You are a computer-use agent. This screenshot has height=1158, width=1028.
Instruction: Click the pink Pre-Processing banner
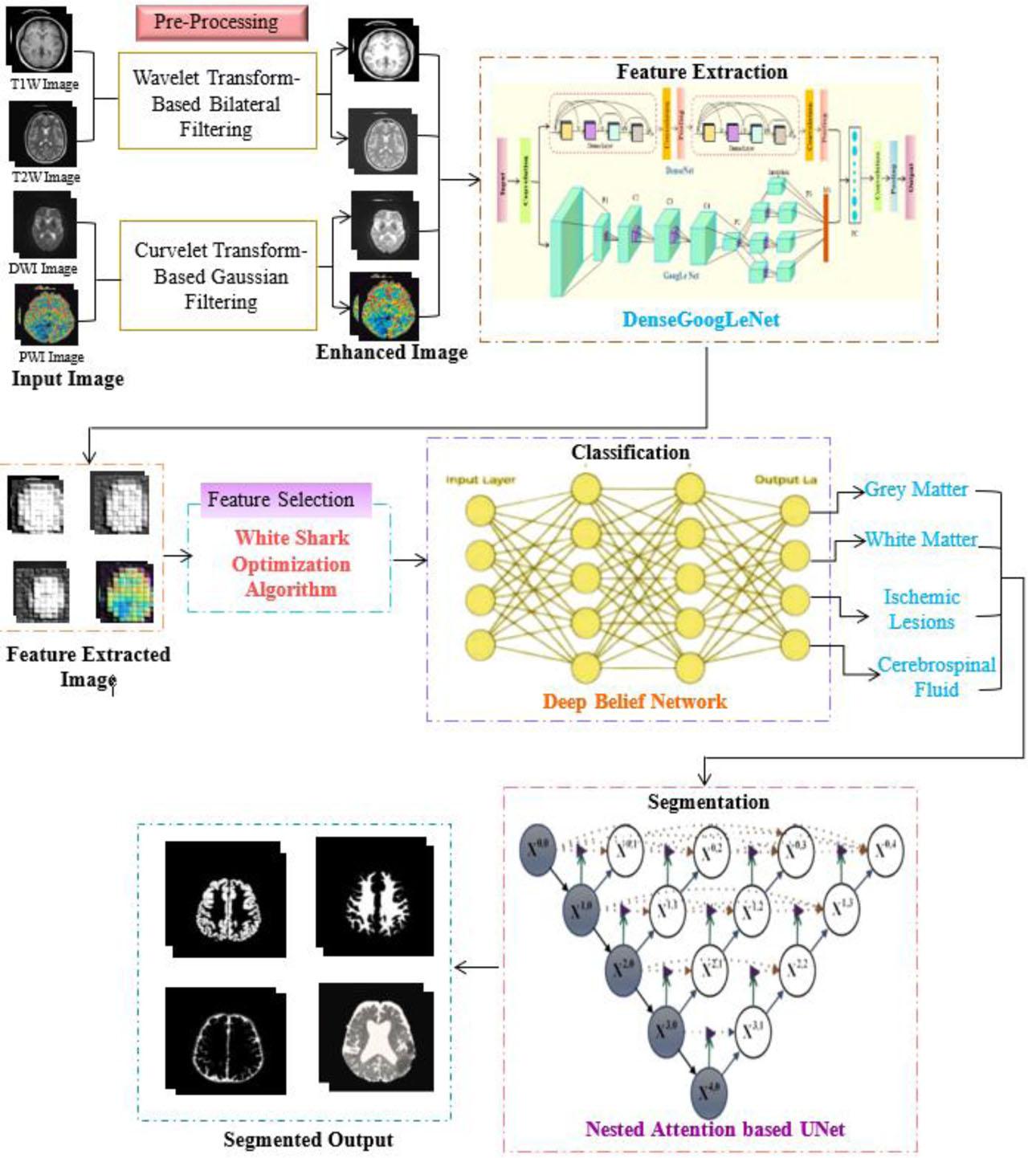tap(222, 22)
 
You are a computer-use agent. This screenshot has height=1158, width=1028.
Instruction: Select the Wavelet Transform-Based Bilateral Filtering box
tap(217, 102)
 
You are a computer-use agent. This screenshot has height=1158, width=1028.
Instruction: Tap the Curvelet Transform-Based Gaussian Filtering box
tap(218, 275)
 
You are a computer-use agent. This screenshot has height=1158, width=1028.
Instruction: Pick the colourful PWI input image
tap(47, 314)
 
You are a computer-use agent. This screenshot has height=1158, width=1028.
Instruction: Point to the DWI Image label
tap(43, 268)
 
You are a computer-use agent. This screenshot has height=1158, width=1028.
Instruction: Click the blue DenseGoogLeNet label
tap(700, 320)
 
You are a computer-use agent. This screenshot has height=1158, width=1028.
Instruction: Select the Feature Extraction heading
tap(701, 72)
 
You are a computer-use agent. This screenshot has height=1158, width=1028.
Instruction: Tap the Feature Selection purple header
tap(281, 499)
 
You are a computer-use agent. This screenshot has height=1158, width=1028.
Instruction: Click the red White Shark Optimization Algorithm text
tap(291, 564)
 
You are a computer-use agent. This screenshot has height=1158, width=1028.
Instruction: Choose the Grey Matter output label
tap(916, 489)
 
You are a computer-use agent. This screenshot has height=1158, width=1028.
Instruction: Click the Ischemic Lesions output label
tap(921, 610)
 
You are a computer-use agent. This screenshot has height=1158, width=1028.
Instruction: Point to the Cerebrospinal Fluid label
tap(936, 677)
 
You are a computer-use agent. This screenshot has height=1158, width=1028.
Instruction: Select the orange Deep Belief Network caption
tap(634, 701)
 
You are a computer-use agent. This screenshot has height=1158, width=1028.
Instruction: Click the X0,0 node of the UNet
tap(538, 848)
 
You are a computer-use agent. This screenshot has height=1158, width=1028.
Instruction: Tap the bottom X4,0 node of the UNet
tap(709, 1091)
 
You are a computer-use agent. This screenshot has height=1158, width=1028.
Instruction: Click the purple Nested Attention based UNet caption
tap(715, 1129)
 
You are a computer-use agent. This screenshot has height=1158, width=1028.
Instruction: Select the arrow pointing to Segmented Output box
tap(477, 967)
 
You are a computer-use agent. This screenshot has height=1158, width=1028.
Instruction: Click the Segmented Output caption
tap(308, 1140)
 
